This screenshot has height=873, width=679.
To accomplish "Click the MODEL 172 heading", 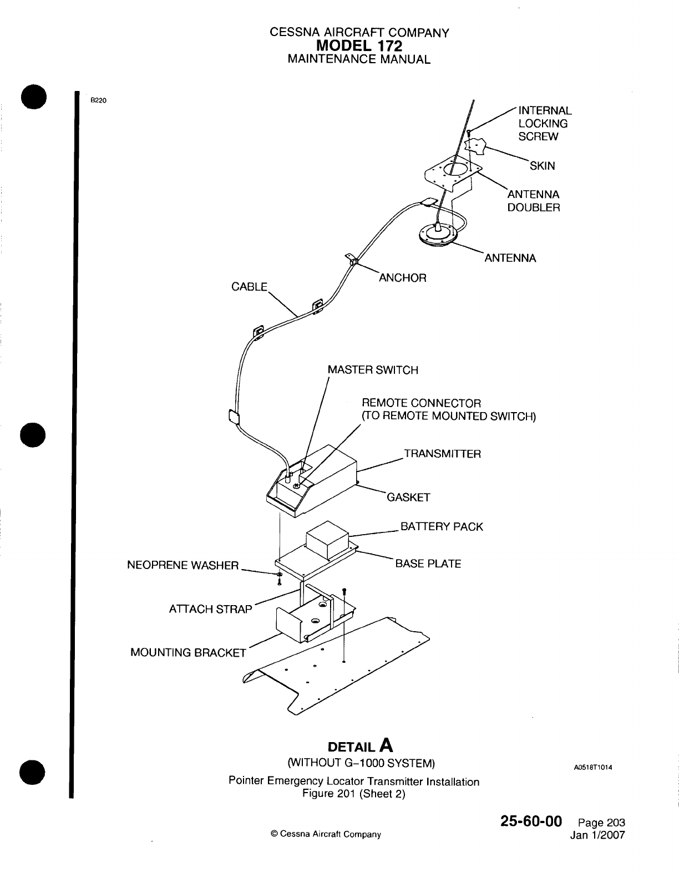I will [359, 45].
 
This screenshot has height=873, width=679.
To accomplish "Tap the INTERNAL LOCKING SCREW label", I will [544, 124].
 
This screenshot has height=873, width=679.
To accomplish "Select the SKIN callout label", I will [542, 166].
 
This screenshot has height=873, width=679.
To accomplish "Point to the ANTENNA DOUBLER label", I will [534, 201].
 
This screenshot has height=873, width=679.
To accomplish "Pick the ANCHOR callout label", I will [402, 278].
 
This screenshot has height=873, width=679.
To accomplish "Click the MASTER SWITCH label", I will [373, 370].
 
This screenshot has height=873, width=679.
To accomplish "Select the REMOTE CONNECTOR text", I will [422, 403].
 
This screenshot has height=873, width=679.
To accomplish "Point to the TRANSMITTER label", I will [442, 454].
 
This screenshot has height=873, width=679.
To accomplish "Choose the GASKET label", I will [408, 498].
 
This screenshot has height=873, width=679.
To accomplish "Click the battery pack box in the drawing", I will [327, 540].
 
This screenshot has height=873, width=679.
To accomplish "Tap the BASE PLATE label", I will [428, 564].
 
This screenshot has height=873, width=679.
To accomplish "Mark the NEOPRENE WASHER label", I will [183, 566].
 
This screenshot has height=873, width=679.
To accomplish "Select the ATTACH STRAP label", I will [210, 609].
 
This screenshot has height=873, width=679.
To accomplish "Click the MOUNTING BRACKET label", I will [188, 652].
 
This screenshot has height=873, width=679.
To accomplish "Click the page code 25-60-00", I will [531, 820].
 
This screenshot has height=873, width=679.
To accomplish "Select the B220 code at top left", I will [98, 100].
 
